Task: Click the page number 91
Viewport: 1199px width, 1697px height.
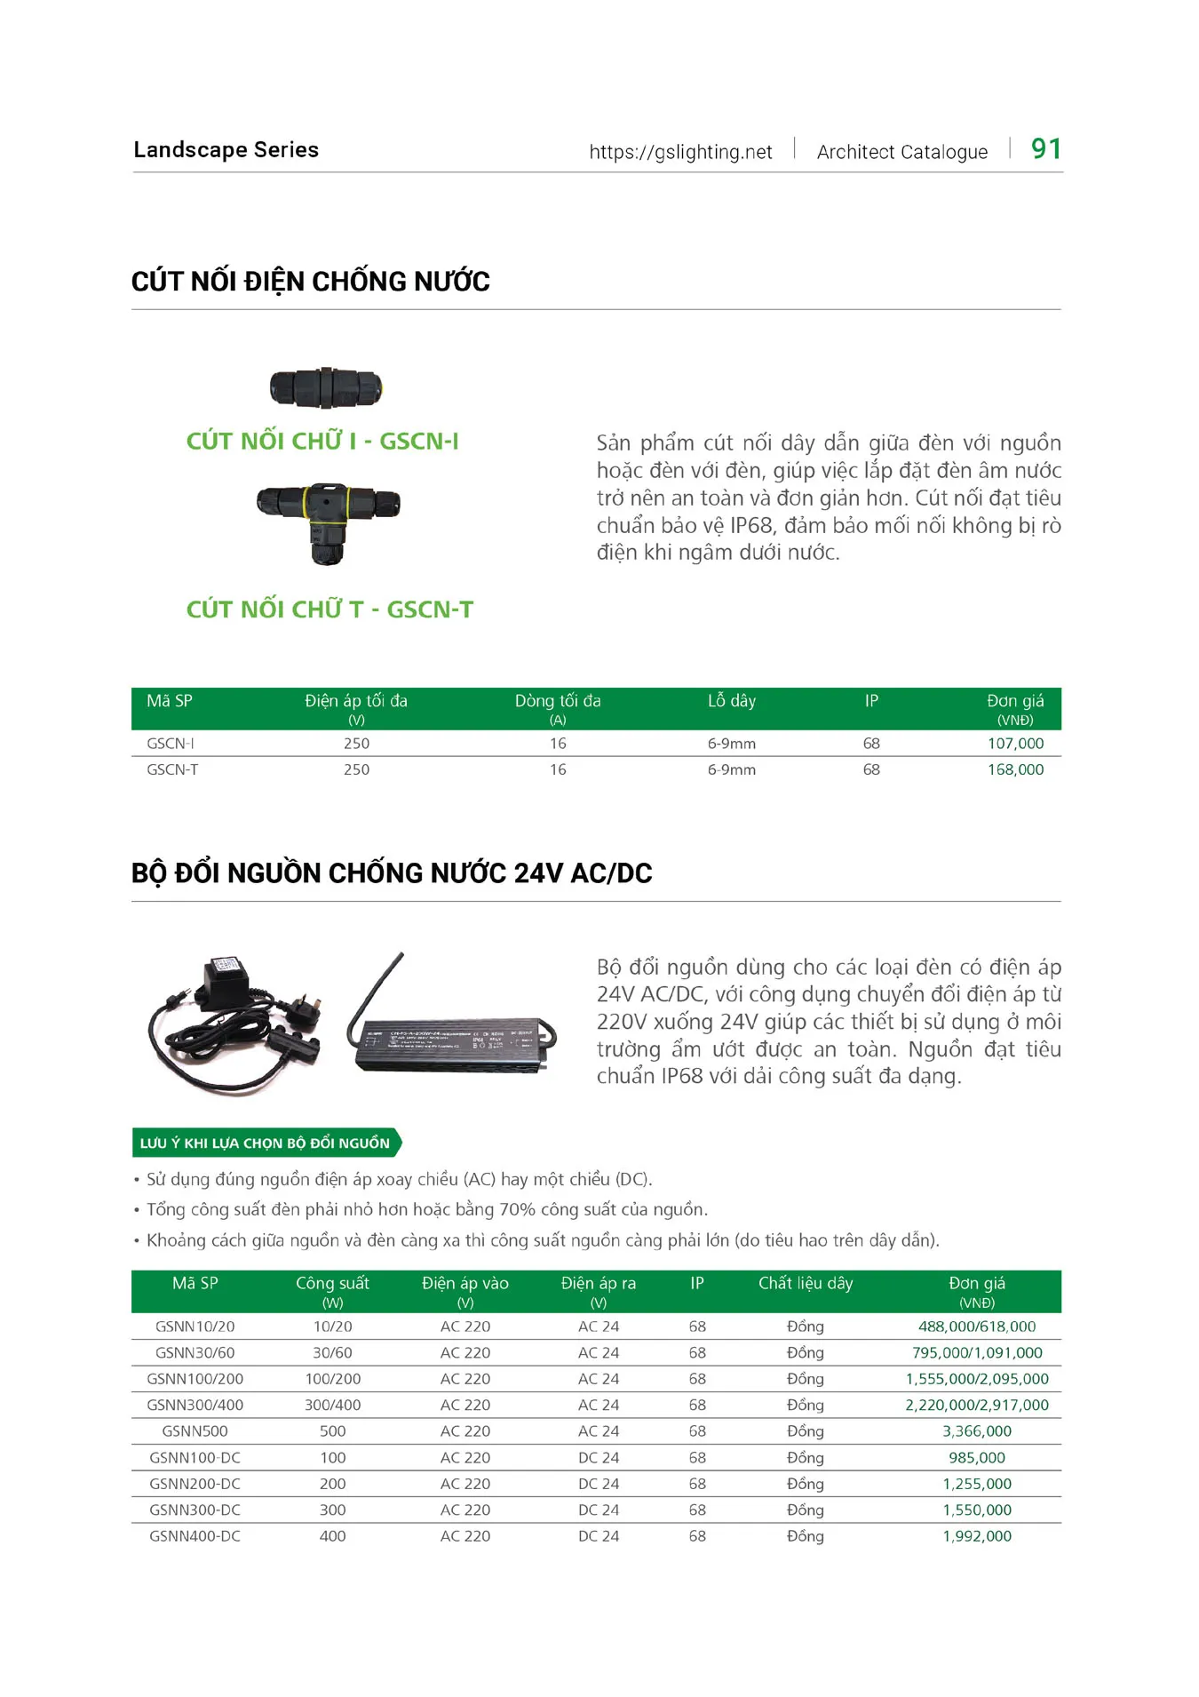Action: coord(1045,148)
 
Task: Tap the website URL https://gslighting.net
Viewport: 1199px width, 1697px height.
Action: coord(680,152)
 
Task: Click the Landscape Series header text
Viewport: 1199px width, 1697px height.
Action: coord(226,149)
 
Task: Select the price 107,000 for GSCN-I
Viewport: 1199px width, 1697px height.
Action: coord(1015,743)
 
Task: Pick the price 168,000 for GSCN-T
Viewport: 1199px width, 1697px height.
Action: coord(1015,769)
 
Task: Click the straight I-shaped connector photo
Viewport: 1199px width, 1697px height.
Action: coord(326,387)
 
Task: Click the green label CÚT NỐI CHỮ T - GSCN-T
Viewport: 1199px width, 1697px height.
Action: coord(330,609)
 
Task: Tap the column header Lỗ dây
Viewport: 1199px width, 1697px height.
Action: coord(731,701)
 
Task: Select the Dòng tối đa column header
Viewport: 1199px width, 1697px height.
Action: coord(558,701)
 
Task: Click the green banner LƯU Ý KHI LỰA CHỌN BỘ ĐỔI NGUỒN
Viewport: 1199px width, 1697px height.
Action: coord(266,1143)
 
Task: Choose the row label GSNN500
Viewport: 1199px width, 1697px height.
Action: coord(195,1431)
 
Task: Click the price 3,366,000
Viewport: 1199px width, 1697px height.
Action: coord(976,1431)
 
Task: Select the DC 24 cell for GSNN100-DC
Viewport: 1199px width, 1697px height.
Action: coord(598,1458)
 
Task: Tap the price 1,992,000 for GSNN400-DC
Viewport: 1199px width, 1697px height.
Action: coord(976,1536)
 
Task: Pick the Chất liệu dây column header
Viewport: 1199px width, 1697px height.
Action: coord(805,1283)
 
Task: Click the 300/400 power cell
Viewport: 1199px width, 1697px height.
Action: coord(332,1406)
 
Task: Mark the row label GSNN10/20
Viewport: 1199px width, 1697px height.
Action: coord(195,1327)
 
